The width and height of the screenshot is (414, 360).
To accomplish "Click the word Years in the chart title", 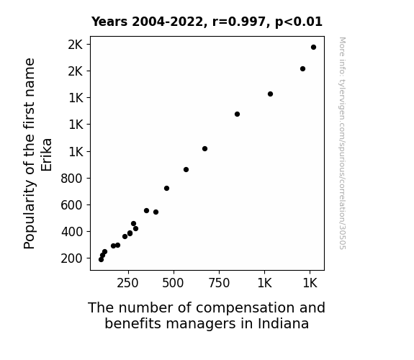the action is click(109, 22).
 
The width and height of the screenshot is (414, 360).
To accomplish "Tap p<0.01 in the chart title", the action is click(299, 22).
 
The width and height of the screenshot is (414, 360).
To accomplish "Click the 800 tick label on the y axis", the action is click(72, 179).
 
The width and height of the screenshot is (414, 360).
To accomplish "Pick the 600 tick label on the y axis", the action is click(72, 205).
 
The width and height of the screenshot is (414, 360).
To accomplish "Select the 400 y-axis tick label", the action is click(72, 232).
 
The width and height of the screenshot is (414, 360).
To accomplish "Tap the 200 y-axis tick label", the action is click(72, 258).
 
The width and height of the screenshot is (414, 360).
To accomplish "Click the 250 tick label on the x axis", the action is click(127, 283).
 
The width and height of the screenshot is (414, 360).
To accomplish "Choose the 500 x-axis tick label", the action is click(173, 283).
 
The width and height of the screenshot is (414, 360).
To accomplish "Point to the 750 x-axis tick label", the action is click(219, 283).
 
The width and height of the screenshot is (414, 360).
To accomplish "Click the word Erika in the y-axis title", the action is click(47, 155).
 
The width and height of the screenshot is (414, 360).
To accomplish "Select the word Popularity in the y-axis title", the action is click(30, 215).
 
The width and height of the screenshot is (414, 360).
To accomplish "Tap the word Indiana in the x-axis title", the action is click(283, 323).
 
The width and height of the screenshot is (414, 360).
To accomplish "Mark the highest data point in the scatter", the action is click(313, 48).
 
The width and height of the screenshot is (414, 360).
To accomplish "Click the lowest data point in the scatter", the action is click(101, 260).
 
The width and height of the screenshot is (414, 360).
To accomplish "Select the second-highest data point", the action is click(303, 69).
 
